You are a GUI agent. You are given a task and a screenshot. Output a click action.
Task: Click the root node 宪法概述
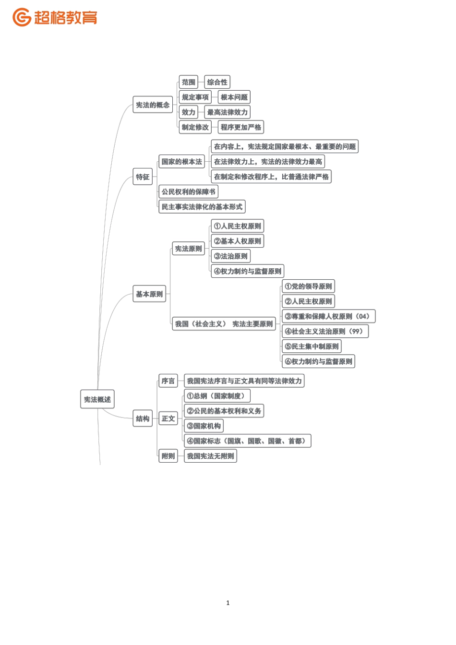click(x=97, y=399)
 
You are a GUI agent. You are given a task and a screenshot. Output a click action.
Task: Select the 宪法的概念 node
click(x=153, y=105)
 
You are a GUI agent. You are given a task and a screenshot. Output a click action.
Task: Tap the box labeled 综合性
click(x=217, y=82)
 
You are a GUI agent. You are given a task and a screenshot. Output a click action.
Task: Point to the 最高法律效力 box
click(x=227, y=112)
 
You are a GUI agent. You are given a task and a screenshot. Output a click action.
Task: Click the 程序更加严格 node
click(x=240, y=127)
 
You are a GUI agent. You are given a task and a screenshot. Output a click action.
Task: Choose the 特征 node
click(x=143, y=177)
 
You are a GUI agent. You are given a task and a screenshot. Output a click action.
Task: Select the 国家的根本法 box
click(x=181, y=162)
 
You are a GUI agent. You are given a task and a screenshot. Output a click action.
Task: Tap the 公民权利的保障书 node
click(x=188, y=192)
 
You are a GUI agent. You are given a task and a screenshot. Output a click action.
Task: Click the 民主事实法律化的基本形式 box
click(x=202, y=207)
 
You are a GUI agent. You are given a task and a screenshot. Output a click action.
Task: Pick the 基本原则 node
click(x=149, y=294)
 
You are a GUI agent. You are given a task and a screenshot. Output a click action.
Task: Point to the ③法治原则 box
click(x=230, y=256)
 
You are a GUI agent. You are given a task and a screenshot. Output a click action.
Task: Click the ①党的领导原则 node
click(x=308, y=287)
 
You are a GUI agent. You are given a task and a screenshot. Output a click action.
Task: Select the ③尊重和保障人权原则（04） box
click(x=328, y=316)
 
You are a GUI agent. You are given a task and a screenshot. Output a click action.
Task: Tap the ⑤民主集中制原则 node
click(x=312, y=346)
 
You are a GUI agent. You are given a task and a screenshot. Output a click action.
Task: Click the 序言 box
click(x=168, y=381)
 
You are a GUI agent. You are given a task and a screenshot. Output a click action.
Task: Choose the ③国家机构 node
click(x=204, y=426)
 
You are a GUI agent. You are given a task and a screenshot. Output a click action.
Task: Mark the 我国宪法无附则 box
click(x=210, y=456)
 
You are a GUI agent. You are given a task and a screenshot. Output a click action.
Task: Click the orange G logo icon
click(x=22, y=17)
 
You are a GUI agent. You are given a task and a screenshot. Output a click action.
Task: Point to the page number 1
click(x=228, y=603)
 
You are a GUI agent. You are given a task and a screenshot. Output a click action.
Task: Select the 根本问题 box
click(x=234, y=97)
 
